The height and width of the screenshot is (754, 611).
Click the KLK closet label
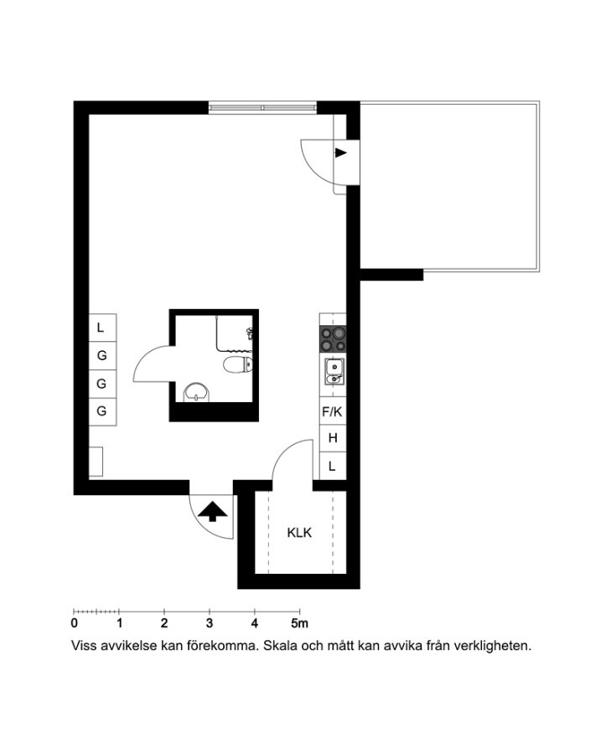(299, 533)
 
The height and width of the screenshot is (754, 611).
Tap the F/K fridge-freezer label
(332, 411)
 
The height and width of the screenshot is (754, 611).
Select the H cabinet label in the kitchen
(333, 438)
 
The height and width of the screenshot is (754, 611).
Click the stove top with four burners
(333, 339)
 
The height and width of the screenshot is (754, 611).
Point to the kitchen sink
(334, 372)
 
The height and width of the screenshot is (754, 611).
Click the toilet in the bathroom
(238, 365)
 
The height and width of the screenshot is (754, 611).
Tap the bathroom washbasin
(196, 392)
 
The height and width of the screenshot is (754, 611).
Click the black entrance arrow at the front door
(212, 512)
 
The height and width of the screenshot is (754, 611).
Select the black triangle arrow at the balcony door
(340, 153)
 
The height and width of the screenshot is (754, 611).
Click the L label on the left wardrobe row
(101, 328)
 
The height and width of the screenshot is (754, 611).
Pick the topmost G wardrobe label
(101, 355)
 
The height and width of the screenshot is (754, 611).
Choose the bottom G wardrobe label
(101, 411)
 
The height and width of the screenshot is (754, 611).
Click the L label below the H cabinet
(332, 466)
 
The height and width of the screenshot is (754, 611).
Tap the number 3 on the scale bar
(210, 623)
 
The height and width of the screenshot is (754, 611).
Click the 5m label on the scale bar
(299, 623)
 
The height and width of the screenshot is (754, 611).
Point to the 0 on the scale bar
(74, 623)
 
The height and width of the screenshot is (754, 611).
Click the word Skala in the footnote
(281, 645)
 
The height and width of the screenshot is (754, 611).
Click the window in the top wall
(262, 108)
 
